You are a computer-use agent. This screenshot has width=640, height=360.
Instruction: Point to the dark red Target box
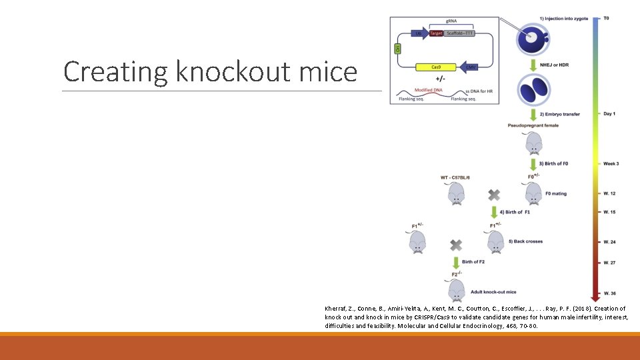pos(436,33)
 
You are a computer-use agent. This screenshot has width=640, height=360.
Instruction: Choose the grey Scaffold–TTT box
pos(459,33)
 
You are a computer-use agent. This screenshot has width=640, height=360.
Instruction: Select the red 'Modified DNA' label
pos(427,89)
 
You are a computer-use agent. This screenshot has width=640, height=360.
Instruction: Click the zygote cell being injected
pos(531,38)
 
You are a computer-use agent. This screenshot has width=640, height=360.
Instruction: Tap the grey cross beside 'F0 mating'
pos(494,194)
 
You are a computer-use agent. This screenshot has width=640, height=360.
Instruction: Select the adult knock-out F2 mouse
pos(456,291)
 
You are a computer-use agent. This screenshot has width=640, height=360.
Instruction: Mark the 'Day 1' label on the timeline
pos(609,114)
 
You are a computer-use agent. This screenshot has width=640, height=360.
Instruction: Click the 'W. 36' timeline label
pos(609,293)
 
